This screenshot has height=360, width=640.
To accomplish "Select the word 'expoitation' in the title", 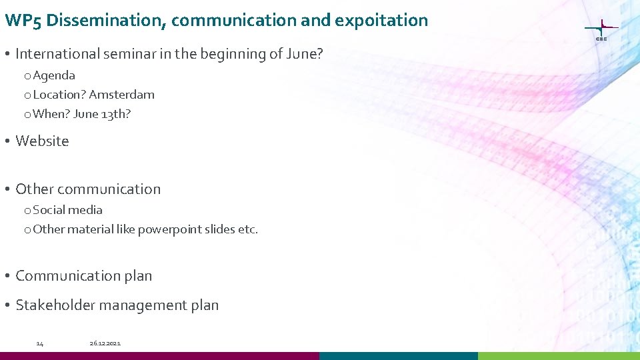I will [x=381, y=21].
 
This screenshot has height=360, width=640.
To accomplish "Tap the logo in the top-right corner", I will [x=601, y=30].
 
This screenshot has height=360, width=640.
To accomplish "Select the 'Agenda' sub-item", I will [x=54, y=75].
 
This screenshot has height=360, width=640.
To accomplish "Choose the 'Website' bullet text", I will [x=42, y=141].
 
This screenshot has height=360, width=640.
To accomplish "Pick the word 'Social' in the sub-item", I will [x=49, y=210].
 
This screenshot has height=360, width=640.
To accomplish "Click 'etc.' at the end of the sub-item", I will [x=248, y=229].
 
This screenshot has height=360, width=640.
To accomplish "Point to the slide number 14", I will [x=40, y=343].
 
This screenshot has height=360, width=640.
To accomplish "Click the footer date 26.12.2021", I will [x=105, y=343].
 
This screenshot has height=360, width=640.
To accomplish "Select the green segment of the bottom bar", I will [x=559, y=356].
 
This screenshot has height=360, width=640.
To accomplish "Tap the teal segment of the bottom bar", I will [x=399, y=356].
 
